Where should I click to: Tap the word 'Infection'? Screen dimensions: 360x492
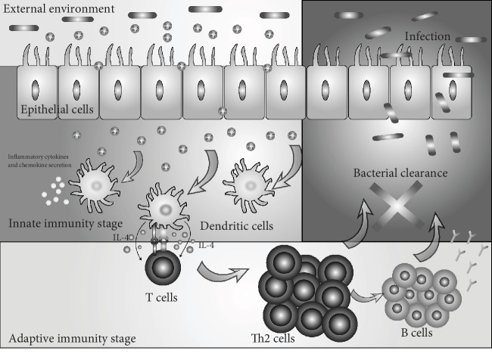(x=428, y=37)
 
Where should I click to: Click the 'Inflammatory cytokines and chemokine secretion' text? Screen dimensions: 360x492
(x=38, y=162)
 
